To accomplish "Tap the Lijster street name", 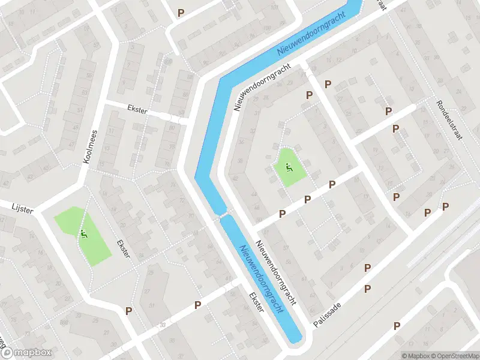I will coord(22,208).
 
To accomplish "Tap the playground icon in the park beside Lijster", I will coord(84,233).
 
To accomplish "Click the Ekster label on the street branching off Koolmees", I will coord(137,111).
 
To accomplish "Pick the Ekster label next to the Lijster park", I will coord(123,247).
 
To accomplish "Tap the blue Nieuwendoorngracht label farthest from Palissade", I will coord(312,34).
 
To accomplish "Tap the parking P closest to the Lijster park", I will coord(128,310).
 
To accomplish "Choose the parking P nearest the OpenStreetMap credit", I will coord(397,326).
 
